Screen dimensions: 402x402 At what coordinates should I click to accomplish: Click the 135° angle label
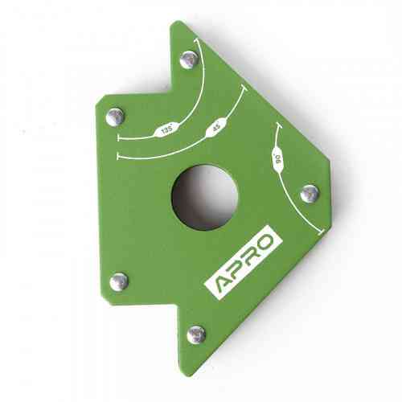coord(167,130)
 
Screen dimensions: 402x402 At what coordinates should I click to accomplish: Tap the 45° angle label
coord(217,126)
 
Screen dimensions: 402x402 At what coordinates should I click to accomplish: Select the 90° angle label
coord(278,159)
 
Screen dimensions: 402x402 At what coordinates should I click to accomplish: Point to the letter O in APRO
coord(265,241)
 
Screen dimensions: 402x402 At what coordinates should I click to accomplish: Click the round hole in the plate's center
coord(205,198)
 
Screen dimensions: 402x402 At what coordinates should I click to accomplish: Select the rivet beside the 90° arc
coord(310,194)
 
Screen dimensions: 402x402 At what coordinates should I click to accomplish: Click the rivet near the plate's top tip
coord(189,59)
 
